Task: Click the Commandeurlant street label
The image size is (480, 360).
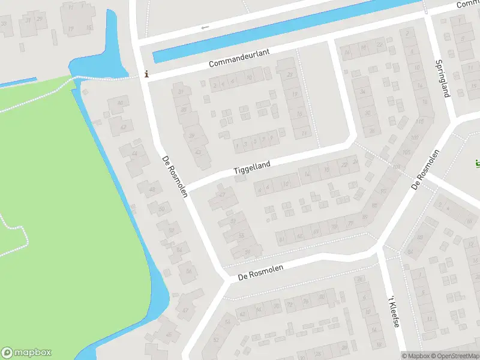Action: click(x=239, y=60)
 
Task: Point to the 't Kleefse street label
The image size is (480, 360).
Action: click(x=393, y=311)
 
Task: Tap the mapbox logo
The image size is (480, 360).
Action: click(x=26, y=353)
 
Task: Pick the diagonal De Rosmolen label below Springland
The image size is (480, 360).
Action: click(x=426, y=170)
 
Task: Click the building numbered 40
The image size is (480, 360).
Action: click(x=119, y=103)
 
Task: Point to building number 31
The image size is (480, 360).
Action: click(x=181, y=91)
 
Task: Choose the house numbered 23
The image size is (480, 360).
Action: click(x=290, y=74)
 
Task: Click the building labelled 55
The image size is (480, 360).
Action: click(x=242, y=236)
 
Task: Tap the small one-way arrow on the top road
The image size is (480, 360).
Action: click(x=205, y=27)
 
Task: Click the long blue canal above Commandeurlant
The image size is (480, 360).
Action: click(x=282, y=30)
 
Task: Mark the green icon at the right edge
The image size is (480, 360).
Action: click(x=476, y=163)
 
